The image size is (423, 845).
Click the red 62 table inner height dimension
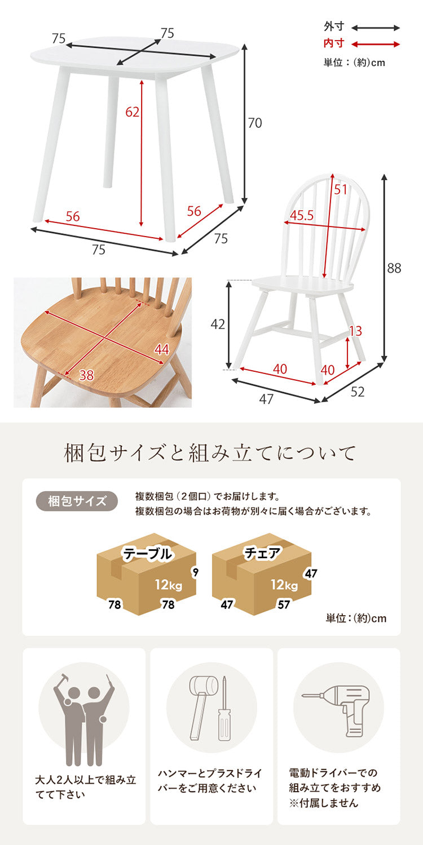pyautogui.click(x=132, y=112)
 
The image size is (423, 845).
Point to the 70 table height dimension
pyautogui.click(x=255, y=123)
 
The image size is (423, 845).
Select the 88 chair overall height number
pyautogui.click(x=394, y=268)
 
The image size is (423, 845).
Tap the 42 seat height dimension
pyautogui.click(x=218, y=324)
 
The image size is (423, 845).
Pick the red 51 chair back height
pyautogui.click(x=340, y=190)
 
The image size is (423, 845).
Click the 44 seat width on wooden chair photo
pyautogui.click(x=162, y=350)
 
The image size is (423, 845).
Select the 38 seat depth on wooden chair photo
pyautogui.click(x=86, y=375)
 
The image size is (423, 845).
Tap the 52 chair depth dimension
pyautogui.click(x=358, y=392)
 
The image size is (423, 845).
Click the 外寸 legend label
pyautogui.click(x=333, y=26)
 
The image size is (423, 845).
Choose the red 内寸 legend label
pyautogui.click(x=333, y=43)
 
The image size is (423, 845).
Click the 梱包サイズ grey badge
pyautogui.click(x=77, y=501)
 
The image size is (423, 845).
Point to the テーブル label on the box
pyautogui.click(x=148, y=554)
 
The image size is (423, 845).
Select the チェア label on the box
pyautogui.click(x=262, y=554)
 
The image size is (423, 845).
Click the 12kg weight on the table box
pyautogui.click(x=169, y=585)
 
